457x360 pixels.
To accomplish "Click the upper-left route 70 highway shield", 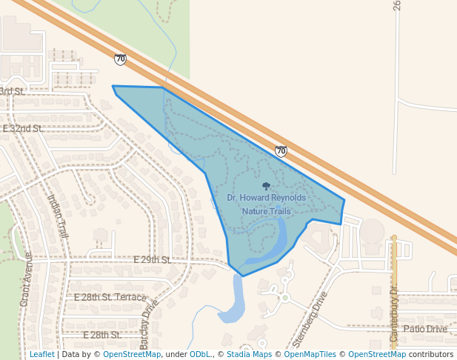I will click(x=120, y=59).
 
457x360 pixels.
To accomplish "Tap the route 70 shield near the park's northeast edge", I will click(x=281, y=151).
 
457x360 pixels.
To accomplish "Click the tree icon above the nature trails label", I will click(x=266, y=187).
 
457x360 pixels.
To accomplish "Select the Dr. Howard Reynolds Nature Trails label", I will click(x=266, y=204).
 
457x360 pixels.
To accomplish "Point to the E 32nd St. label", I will click(x=23, y=128).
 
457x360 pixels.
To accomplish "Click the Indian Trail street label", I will click(x=58, y=216).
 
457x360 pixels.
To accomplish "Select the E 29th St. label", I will click(x=152, y=260).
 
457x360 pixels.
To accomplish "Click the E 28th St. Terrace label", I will click(x=110, y=297).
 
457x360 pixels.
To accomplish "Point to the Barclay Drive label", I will click(x=150, y=324).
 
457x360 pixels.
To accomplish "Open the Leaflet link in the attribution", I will click(x=41, y=354).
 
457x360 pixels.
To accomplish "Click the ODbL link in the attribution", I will click(x=200, y=354).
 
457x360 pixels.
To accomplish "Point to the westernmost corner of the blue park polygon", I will click(x=113, y=86).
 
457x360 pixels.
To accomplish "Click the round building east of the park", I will click(x=372, y=230).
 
